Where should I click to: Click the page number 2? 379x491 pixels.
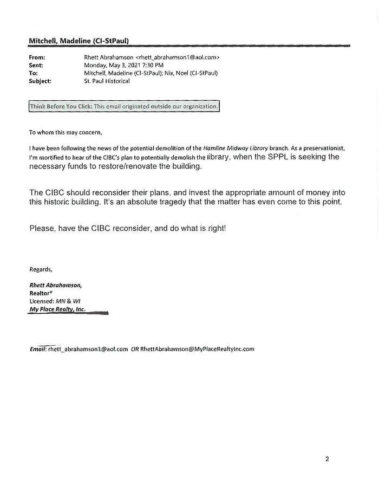[327, 458]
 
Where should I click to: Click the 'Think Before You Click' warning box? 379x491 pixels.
[124, 107]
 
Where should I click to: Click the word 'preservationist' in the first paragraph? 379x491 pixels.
[325, 148]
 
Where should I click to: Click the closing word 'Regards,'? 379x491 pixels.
[41, 269]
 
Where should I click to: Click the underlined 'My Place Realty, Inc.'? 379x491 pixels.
[57, 309]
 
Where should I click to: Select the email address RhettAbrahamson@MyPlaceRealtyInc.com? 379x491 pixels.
[197, 349]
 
